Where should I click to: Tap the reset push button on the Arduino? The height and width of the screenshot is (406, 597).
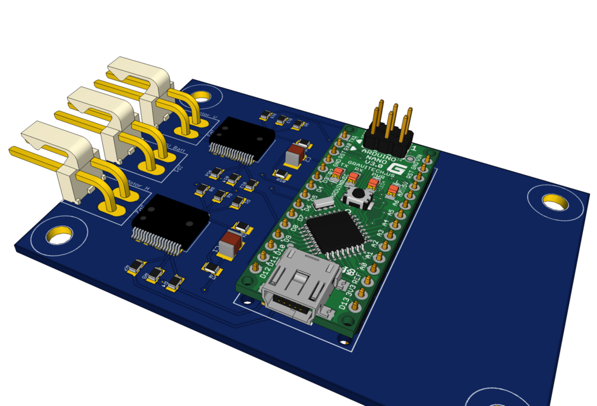pyautogui.click(x=359, y=195)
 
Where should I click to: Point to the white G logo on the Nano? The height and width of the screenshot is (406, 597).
pyautogui.click(x=397, y=170)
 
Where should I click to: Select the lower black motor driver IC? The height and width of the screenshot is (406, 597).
pyautogui.click(x=169, y=223)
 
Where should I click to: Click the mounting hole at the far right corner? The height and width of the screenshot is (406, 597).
pyautogui.click(x=556, y=202)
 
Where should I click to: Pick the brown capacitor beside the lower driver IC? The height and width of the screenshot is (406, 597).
pyautogui.click(x=230, y=245)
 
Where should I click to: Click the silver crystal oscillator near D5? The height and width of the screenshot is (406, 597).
pyautogui.click(x=323, y=203)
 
